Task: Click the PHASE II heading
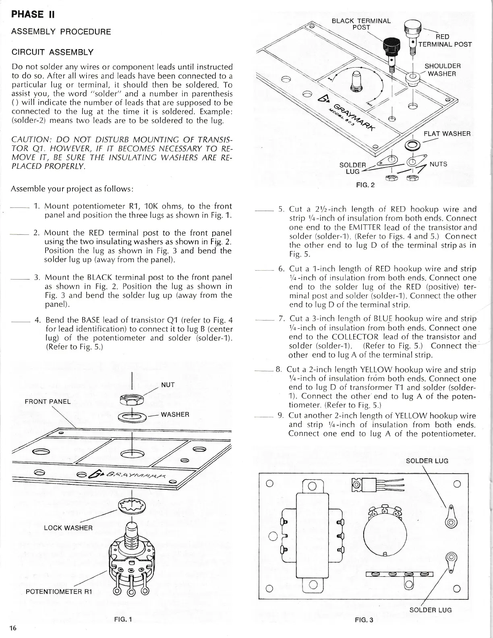33,14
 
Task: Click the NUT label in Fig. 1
168,385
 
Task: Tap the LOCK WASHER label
68,528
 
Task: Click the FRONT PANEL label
48,401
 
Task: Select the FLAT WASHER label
447,134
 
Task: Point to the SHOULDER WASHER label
443,70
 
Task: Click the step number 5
282,209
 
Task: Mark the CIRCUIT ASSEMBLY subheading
52,52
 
